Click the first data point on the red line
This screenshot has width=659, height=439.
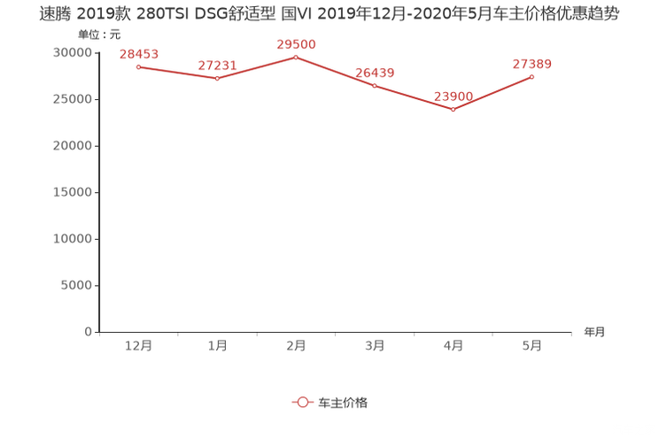coord(138,66)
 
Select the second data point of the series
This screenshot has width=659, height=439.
coord(217,79)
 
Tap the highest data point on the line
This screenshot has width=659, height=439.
coord(296,56)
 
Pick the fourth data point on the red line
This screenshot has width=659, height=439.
coord(375,85)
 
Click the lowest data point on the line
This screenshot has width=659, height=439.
coord(454,109)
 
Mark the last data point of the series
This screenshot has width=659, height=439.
coord(532,76)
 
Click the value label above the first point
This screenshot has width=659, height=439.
coord(138,54)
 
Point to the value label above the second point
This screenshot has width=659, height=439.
coord(217,65)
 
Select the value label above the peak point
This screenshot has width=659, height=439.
coord(296,43)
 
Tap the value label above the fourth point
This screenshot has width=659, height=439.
coord(375,72)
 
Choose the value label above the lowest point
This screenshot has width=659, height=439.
coord(454,96)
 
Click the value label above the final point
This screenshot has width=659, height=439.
coord(532,64)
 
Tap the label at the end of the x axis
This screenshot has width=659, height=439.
coord(594,333)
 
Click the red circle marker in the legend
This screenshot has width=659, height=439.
coord(303,402)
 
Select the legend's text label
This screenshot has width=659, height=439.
coord(343,402)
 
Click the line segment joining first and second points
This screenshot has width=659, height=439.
coord(177,73)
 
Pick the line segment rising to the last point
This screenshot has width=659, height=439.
coord(493,92)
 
